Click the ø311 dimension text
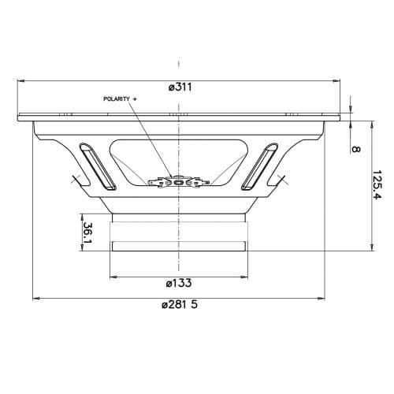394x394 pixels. click(181, 87)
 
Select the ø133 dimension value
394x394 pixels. click(180, 283)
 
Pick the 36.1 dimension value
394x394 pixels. click(87, 233)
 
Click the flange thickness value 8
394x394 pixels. click(355, 148)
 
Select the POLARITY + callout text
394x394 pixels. click(120, 98)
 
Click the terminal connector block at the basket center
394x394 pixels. click(180, 183)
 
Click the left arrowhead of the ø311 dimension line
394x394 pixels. click(19, 80)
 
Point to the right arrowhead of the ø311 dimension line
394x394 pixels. click(340, 80)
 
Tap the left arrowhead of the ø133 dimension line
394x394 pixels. click(113, 277)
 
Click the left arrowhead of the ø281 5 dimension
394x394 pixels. click(36, 299)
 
